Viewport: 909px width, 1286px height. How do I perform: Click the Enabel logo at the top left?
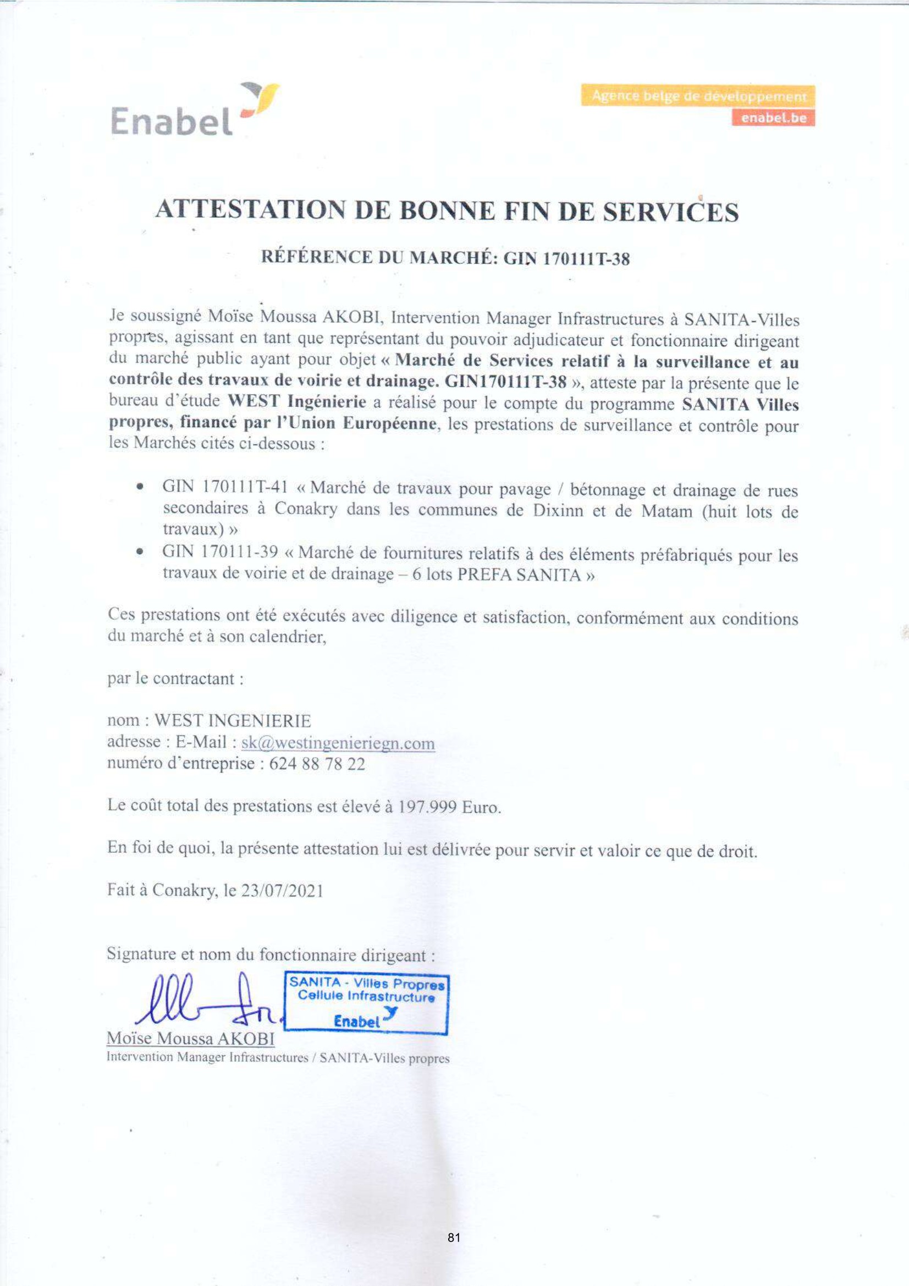[x=193, y=111]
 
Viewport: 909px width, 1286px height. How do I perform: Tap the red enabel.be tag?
[x=773, y=118]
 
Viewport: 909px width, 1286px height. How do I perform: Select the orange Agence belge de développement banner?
[x=698, y=96]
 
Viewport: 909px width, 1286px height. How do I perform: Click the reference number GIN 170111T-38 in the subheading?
[x=567, y=259]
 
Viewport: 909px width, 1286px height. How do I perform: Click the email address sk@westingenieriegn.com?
[x=338, y=743]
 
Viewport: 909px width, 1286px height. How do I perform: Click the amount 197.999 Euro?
[x=449, y=807]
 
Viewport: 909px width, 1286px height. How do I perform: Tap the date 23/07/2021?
[x=282, y=891]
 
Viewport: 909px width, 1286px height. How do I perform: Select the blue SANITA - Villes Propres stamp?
[x=366, y=1003]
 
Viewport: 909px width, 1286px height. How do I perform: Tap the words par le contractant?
[x=175, y=679]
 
